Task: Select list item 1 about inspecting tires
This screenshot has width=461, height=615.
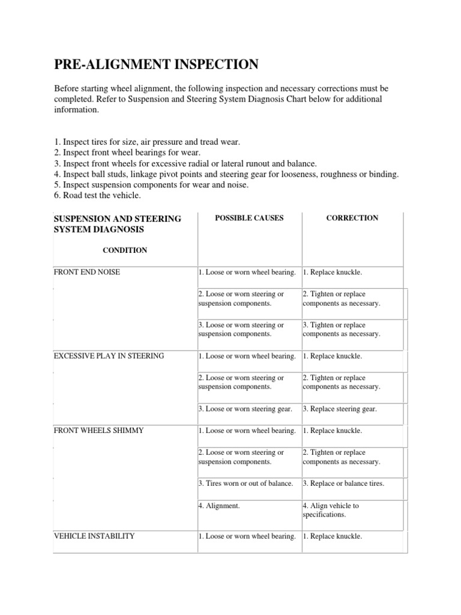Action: (147, 142)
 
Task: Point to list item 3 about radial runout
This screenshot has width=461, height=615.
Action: (185, 163)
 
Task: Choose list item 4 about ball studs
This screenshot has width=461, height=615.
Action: (226, 174)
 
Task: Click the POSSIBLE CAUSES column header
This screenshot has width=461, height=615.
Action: (249, 218)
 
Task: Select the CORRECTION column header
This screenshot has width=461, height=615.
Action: (352, 218)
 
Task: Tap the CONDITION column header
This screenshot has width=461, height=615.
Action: (125, 250)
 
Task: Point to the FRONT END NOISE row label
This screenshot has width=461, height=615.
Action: (86, 272)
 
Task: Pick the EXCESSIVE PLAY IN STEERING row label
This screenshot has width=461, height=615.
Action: (109, 356)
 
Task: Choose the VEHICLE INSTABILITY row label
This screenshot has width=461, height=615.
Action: (94, 536)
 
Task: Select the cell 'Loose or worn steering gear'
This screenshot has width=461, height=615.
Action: (246, 409)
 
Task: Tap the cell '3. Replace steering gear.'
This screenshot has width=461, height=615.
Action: (340, 409)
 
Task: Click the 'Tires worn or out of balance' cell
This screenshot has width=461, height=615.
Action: (246, 483)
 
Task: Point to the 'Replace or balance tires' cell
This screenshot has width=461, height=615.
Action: (343, 483)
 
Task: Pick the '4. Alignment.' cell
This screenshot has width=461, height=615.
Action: (219, 506)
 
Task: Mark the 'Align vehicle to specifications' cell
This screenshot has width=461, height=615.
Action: (339, 510)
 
